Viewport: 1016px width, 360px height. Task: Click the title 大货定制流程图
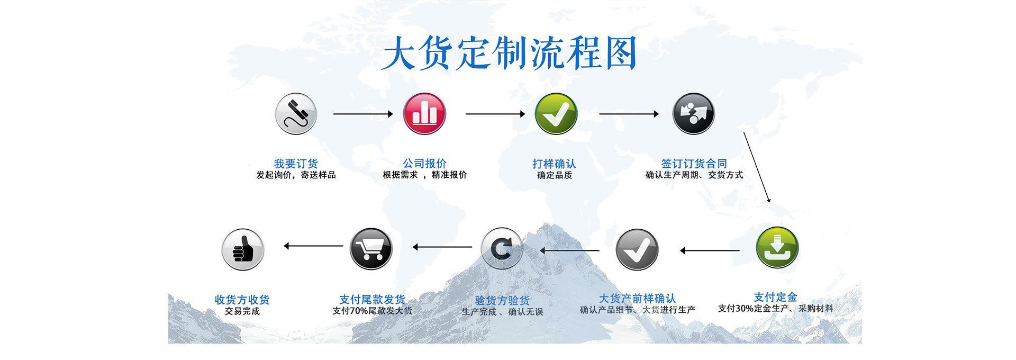click(509, 53)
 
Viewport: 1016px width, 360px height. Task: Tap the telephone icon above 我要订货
click(296, 114)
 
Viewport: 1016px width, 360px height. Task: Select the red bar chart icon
click(424, 114)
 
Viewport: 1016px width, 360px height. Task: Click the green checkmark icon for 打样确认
click(556, 114)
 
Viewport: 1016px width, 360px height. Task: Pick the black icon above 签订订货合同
click(693, 114)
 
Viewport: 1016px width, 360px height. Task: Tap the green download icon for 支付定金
click(777, 248)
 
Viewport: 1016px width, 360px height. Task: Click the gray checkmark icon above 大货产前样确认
click(637, 249)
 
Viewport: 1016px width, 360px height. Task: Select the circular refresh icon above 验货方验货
click(501, 248)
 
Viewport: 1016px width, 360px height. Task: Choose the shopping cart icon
click(371, 248)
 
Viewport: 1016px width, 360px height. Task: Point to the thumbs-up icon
click(242, 249)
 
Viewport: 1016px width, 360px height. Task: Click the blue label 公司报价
click(424, 164)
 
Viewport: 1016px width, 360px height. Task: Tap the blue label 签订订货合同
click(694, 164)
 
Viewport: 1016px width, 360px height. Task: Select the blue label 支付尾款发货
click(372, 300)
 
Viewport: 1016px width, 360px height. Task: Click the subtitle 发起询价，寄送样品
click(296, 175)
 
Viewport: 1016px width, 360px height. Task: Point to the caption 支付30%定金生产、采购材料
click(775, 309)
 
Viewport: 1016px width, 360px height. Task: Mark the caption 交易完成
click(242, 311)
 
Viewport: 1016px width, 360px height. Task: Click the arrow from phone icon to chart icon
click(363, 114)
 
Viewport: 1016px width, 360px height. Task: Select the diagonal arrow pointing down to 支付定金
click(757, 167)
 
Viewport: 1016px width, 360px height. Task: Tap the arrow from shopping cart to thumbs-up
click(313, 246)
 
